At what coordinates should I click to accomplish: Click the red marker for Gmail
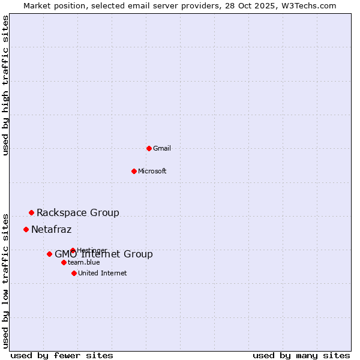(149, 148)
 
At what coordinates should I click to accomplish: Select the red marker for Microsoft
(134, 171)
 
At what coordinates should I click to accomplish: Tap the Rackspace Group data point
(31, 212)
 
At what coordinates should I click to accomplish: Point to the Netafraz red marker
(26, 229)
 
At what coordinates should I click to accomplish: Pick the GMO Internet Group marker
(49, 254)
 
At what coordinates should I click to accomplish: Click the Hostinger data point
(73, 250)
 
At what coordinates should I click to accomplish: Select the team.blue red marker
(64, 262)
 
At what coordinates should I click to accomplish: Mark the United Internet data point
(74, 273)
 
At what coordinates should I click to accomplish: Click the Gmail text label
(162, 148)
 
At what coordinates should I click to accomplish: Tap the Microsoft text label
(152, 171)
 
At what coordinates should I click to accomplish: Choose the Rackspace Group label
(78, 212)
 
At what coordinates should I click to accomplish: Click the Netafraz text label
(52, 229)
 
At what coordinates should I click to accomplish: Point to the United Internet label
(103, 273)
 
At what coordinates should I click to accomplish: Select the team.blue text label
(84, 262)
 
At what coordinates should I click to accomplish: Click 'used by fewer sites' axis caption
(62, 355)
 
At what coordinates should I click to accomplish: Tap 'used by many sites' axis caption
(301, 355)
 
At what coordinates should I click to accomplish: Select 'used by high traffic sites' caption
(6, 85)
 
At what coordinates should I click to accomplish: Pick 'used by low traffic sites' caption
(6, 280)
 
